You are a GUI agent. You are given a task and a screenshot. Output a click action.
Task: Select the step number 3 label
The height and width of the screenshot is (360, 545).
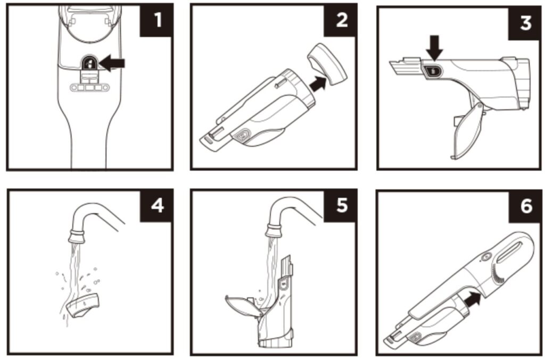[x=525, y=23]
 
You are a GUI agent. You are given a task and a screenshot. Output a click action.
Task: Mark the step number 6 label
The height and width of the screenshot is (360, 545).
[x=525, y=207]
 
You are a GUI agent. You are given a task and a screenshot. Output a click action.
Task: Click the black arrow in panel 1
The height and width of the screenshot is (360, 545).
[x=112, y=63]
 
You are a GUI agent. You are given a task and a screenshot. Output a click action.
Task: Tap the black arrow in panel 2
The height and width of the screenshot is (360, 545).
[x=318, y=85]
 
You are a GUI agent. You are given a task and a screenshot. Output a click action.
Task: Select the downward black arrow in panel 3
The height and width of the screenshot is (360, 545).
[x=434, y=47]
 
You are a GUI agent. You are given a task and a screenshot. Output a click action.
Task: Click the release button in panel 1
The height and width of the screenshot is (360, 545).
[x=89, y=63]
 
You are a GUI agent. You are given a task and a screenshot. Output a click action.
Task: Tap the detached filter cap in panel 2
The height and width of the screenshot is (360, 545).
[x=327, y=64]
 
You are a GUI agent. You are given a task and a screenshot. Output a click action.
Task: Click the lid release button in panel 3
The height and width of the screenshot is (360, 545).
[x=433, y=71]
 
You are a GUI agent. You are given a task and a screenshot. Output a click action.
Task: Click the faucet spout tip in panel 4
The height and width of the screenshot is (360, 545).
[x=77, y=237]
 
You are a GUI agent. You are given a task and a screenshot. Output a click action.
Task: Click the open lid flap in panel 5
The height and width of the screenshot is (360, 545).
[x=243, y=306]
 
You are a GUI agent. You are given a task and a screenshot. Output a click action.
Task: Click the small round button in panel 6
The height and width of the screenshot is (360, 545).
[x=485, y=257]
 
